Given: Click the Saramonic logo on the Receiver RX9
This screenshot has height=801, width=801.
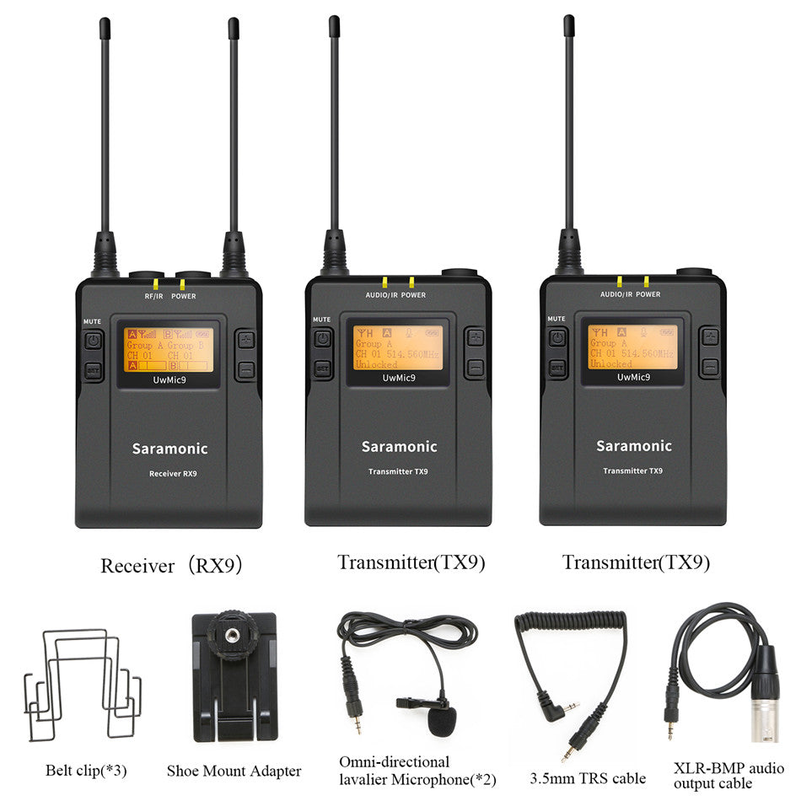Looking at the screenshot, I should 169,449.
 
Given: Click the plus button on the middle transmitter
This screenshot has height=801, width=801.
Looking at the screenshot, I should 476,338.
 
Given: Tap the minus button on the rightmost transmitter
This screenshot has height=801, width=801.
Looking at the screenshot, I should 710,367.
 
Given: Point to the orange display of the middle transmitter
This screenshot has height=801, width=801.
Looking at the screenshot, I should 398,347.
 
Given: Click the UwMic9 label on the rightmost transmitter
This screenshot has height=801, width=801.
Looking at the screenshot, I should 633,377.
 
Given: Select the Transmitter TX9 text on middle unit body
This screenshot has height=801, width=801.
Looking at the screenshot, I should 398,471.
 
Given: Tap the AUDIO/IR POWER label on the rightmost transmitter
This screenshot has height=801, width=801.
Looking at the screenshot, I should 630,294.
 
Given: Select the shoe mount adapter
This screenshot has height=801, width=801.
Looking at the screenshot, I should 234,675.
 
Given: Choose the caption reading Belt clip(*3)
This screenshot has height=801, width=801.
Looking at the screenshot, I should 85,770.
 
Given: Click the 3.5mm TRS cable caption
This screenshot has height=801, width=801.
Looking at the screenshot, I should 588,778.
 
